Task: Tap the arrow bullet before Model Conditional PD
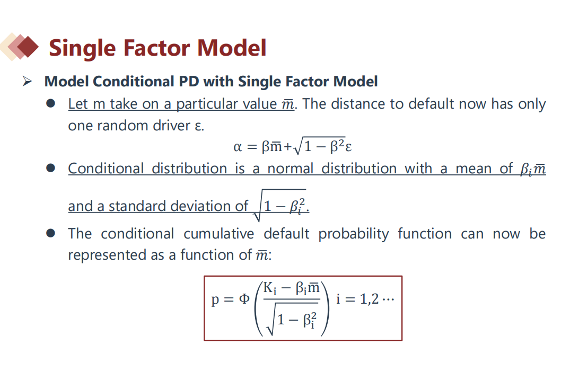[x=27, y=81]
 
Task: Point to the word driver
[x=172, y=126]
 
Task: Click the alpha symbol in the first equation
[x=238, y=147]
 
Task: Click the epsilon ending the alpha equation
[x=348, y=147]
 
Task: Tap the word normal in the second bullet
[x=290, y=169]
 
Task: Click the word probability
[x=353, y=234]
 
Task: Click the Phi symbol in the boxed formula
[x=244, y=299]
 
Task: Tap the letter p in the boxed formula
[x=215, y=301]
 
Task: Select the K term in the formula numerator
[x=270, y=288]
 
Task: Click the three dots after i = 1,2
[x=388, y=300]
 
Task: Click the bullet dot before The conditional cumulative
[x=51, y=233]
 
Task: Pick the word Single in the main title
[x=83, y=48]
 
